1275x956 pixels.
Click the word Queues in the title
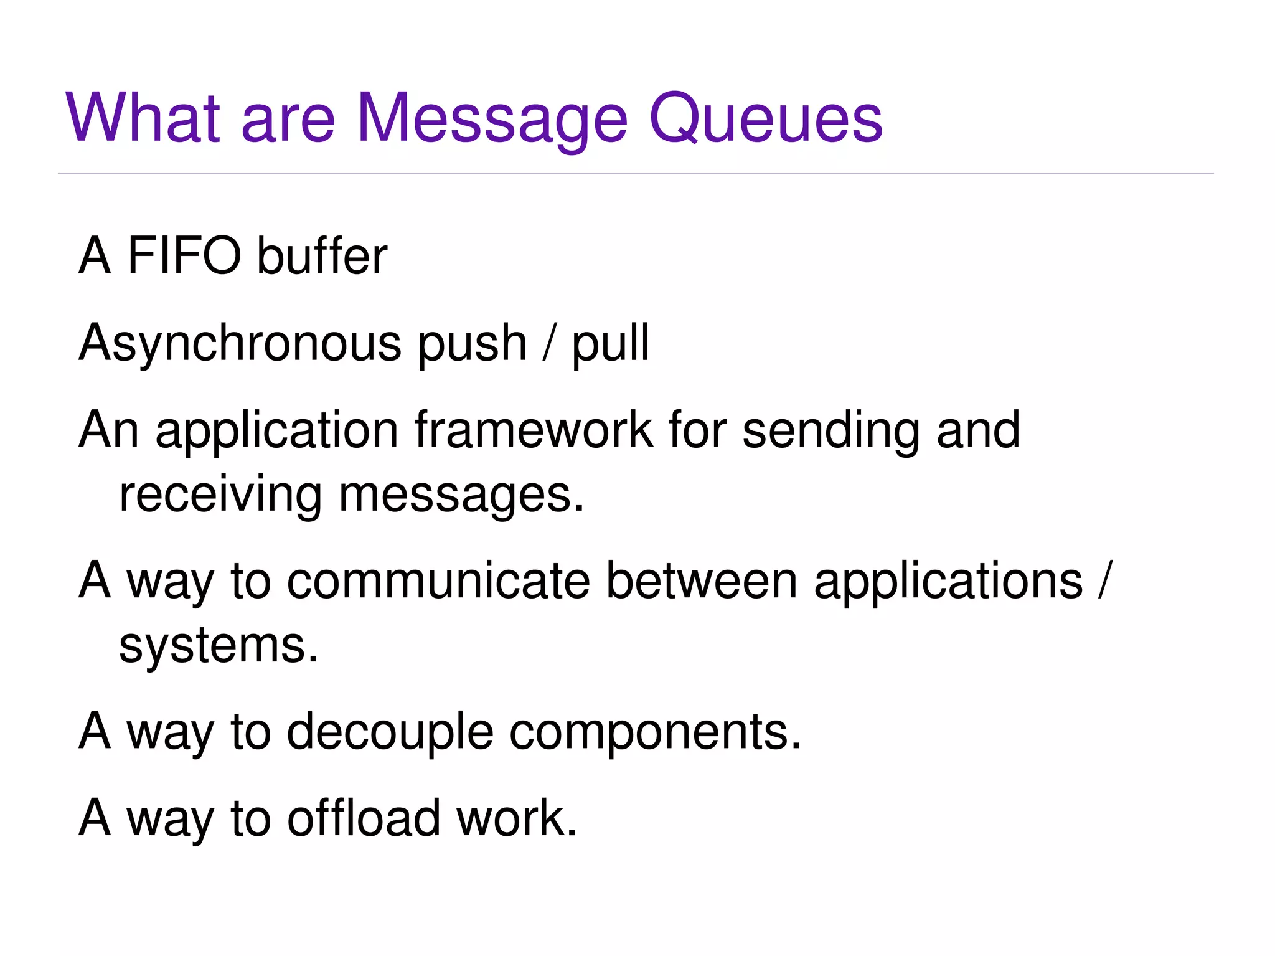(765, 118)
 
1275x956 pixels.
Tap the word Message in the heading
(492, 118)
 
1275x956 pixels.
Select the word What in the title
(143, 118)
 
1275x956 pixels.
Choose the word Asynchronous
(240, 344)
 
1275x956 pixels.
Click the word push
(472, 344)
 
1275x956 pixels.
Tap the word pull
(611, 344)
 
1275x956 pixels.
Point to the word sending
(831, 431)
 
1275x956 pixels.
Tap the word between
(702, 580)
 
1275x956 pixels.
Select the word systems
(219, 646)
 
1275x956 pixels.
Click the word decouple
(390, 732)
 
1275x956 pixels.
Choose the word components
(655, 732)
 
